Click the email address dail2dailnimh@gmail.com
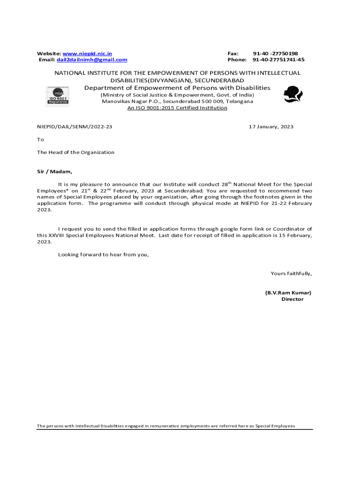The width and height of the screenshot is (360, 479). click(92, 60)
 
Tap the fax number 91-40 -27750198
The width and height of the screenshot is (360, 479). click(275, 54)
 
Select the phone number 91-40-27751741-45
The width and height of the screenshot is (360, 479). click(278, 60)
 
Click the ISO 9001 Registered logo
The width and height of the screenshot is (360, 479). click(57, 96)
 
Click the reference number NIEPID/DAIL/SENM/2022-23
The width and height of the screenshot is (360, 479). click(75, 127)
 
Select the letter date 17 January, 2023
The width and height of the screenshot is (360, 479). click(271, 127)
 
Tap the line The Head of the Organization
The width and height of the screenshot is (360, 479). click(76, 152)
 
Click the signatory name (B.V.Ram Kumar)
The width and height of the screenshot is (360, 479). click(288, 293)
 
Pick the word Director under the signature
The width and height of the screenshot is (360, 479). click(292, 299)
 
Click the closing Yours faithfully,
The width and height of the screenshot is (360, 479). click(291, 274)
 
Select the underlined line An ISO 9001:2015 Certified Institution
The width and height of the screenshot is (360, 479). click(178, 108)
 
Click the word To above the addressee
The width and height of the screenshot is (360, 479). click(41, 139)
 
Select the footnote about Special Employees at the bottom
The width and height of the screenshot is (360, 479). click(166, 426)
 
